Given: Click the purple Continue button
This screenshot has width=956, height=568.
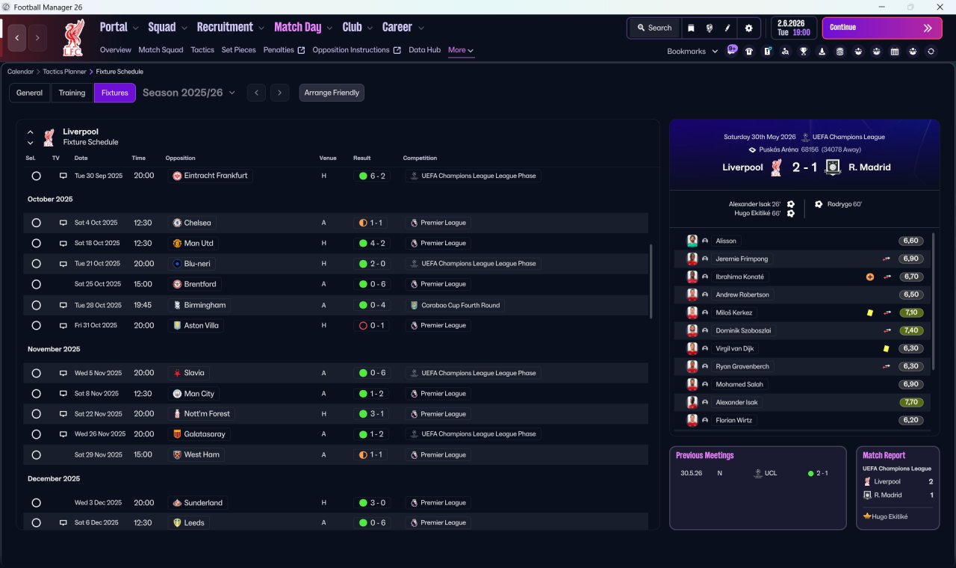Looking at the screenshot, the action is [882, 28].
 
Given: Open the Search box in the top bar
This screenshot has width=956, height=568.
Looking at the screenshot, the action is [655, 28].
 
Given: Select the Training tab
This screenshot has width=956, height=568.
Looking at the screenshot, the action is [72, 93].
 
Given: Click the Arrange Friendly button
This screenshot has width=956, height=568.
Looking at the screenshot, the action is [332, 93].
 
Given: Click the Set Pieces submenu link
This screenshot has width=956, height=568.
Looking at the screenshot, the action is [238, 50].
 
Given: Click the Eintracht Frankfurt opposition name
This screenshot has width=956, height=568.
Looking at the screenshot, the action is [216, 176].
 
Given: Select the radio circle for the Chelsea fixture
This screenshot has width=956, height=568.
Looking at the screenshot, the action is [37, 223].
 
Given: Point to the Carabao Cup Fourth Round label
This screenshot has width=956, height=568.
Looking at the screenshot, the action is [461, 306].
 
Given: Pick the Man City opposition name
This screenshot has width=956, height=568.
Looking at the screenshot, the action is [199, 393].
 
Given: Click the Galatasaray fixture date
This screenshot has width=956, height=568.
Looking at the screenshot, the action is [100, 434].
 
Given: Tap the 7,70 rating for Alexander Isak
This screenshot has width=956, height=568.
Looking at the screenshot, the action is [911, 402].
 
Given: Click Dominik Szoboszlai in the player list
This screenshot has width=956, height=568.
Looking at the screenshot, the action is [743, 330].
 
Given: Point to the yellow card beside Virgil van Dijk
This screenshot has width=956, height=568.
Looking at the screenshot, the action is [886, 348].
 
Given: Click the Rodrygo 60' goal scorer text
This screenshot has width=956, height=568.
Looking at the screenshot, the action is [844, 204].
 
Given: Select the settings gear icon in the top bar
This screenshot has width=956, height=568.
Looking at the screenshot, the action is [748, 28].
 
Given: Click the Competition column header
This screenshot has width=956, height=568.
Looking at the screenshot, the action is [420, 158].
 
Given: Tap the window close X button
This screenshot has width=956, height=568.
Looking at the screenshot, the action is [940, 7].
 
